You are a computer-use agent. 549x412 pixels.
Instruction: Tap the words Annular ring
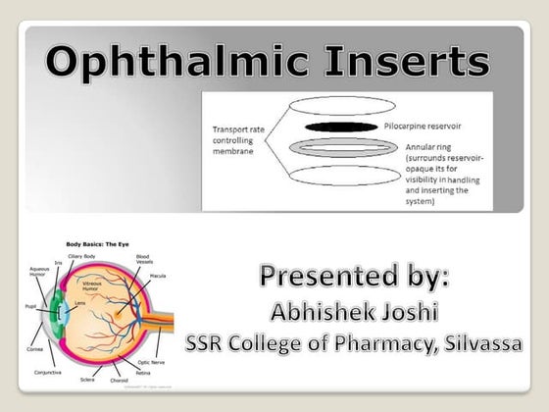pyautogui.click(x=432, y=146)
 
